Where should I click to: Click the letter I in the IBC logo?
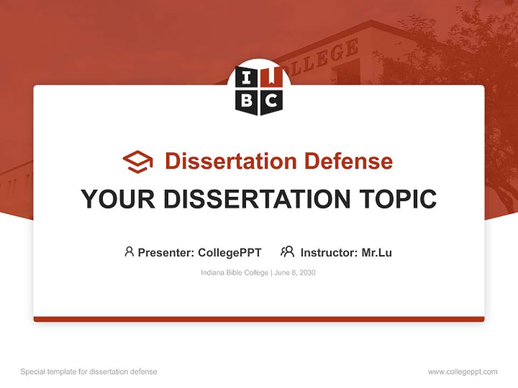coord(247,79)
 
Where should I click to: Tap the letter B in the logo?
coord(247,100)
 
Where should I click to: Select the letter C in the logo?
coord(271,100)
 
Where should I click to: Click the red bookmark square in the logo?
coord(271,79)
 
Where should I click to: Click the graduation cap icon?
coord(138,162)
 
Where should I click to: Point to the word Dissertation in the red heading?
coord(231,161)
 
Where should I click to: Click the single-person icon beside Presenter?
coord(129,252)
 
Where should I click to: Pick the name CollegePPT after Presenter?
coord(230,252)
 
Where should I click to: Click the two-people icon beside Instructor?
coord(288,252)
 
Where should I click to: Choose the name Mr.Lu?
coord(377,252)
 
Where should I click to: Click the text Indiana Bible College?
coord(234,273)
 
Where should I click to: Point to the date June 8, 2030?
coord(295,273)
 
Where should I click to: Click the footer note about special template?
coord(88,372)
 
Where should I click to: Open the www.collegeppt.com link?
coord(462,372)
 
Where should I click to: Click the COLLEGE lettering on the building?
coord(324,57)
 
